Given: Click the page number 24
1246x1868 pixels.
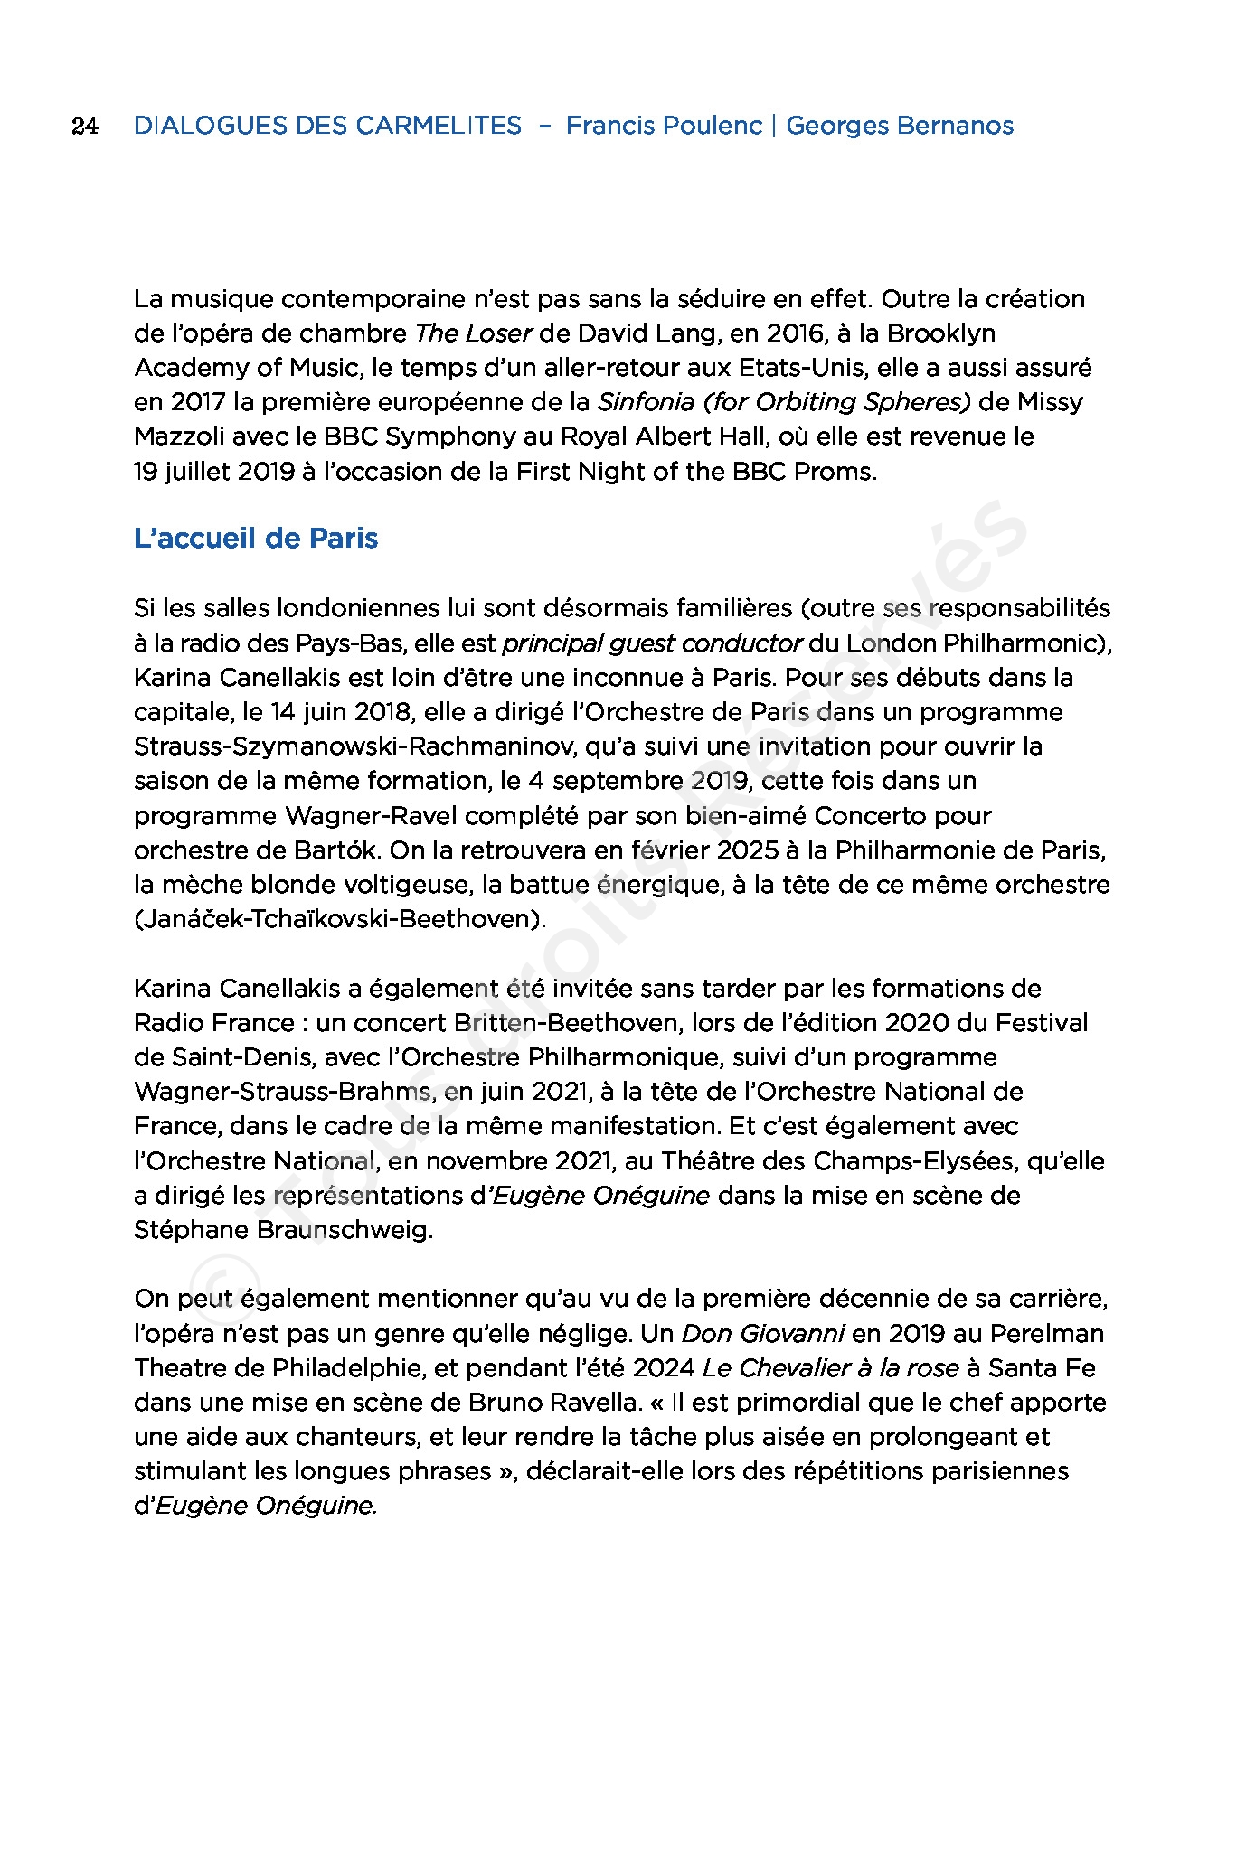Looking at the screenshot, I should tap(84, 127).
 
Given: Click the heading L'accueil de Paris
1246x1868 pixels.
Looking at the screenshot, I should tap(256, 539).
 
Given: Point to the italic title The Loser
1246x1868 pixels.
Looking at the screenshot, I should tap(473, 333).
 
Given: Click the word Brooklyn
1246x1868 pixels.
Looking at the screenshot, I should tap(940, 333).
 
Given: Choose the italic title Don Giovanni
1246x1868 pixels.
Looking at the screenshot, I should tap(763, 1334).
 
